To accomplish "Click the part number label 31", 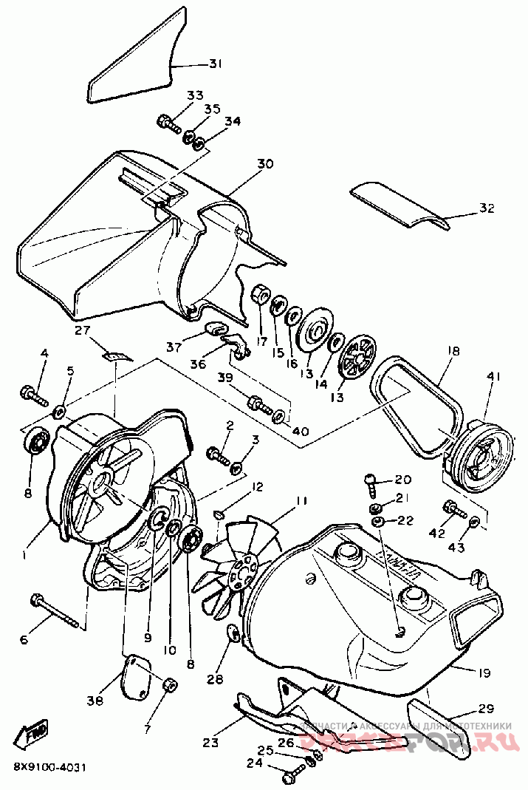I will tap(215, 64).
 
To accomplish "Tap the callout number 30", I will tap(244, 163).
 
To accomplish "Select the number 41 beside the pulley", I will tap(494, 377).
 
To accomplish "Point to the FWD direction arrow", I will tap(36, 734).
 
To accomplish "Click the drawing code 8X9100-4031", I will tap(49, 767).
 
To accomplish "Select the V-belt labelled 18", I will tap(414, 403).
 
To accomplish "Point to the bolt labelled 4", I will tap(32, 393).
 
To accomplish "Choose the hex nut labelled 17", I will tap(260, 295).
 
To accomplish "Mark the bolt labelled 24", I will tap(292, 775).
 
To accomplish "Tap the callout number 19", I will tap(484, 672).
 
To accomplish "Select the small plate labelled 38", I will tap(135, 675).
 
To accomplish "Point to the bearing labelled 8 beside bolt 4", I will tap(35, 444).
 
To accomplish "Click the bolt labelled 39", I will tap(258, 403).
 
